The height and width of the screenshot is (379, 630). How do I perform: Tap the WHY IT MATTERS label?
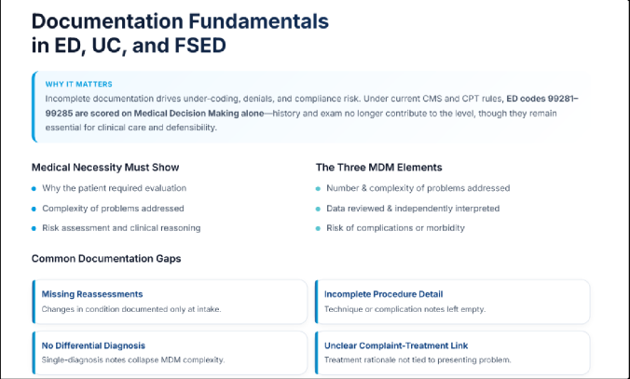click(x=72, y=84)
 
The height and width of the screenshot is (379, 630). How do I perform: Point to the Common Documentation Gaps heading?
click(x=106, y=258)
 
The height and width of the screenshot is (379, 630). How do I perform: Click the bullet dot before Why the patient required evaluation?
click(x=34, y=189)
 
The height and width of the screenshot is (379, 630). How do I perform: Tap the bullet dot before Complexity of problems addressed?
click(x=34, y=209)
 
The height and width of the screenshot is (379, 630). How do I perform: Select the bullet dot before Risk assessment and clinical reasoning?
click(x=34, y=228)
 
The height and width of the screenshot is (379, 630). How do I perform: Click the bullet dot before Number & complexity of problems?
click(x=319, y=189)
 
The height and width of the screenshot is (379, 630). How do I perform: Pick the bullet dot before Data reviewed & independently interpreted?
click(x=319, y=209)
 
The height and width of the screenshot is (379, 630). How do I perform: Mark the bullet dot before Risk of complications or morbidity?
click(x=319, y=228)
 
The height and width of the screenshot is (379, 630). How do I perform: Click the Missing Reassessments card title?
click(x=92, y=294)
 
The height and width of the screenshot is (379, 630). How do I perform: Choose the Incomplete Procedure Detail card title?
click(x=383, y=294)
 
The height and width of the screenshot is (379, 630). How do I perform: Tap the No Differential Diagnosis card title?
click(x=93, y=345)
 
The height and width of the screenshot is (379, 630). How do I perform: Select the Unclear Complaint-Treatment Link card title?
click(x=396, y=345)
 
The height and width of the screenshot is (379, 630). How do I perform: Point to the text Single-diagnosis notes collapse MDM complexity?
click(x=134, y=359)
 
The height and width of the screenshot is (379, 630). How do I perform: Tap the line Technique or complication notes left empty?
click(x=404, y=308)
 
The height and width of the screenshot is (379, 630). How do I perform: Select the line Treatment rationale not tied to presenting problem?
click(x=418, y=359)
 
